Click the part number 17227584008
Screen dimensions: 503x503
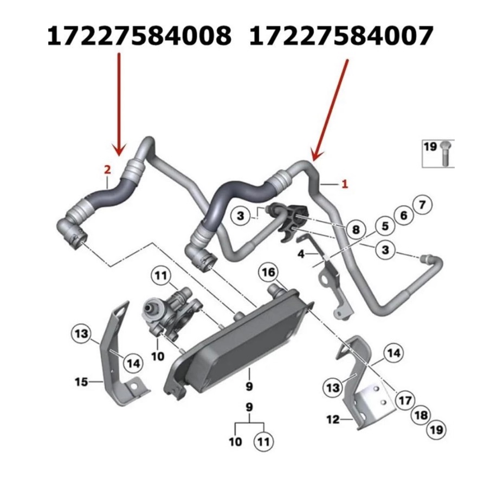[x=139, y=36]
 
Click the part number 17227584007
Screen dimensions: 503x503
[x=341, y=36]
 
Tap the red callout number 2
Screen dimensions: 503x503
[x=107, y=170]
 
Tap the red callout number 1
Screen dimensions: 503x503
[x=344, y=184]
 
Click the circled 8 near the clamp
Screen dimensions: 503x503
[x=356, y=230]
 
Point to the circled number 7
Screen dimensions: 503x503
[x=423, y=205]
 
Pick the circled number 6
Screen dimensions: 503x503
[x=403, y=215]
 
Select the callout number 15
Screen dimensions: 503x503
[x=81, y=383]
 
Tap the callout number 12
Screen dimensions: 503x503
[x=333, y=419]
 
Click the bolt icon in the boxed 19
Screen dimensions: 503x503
[x=446, y=154]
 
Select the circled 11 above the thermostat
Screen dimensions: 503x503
[x=160, y=276]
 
